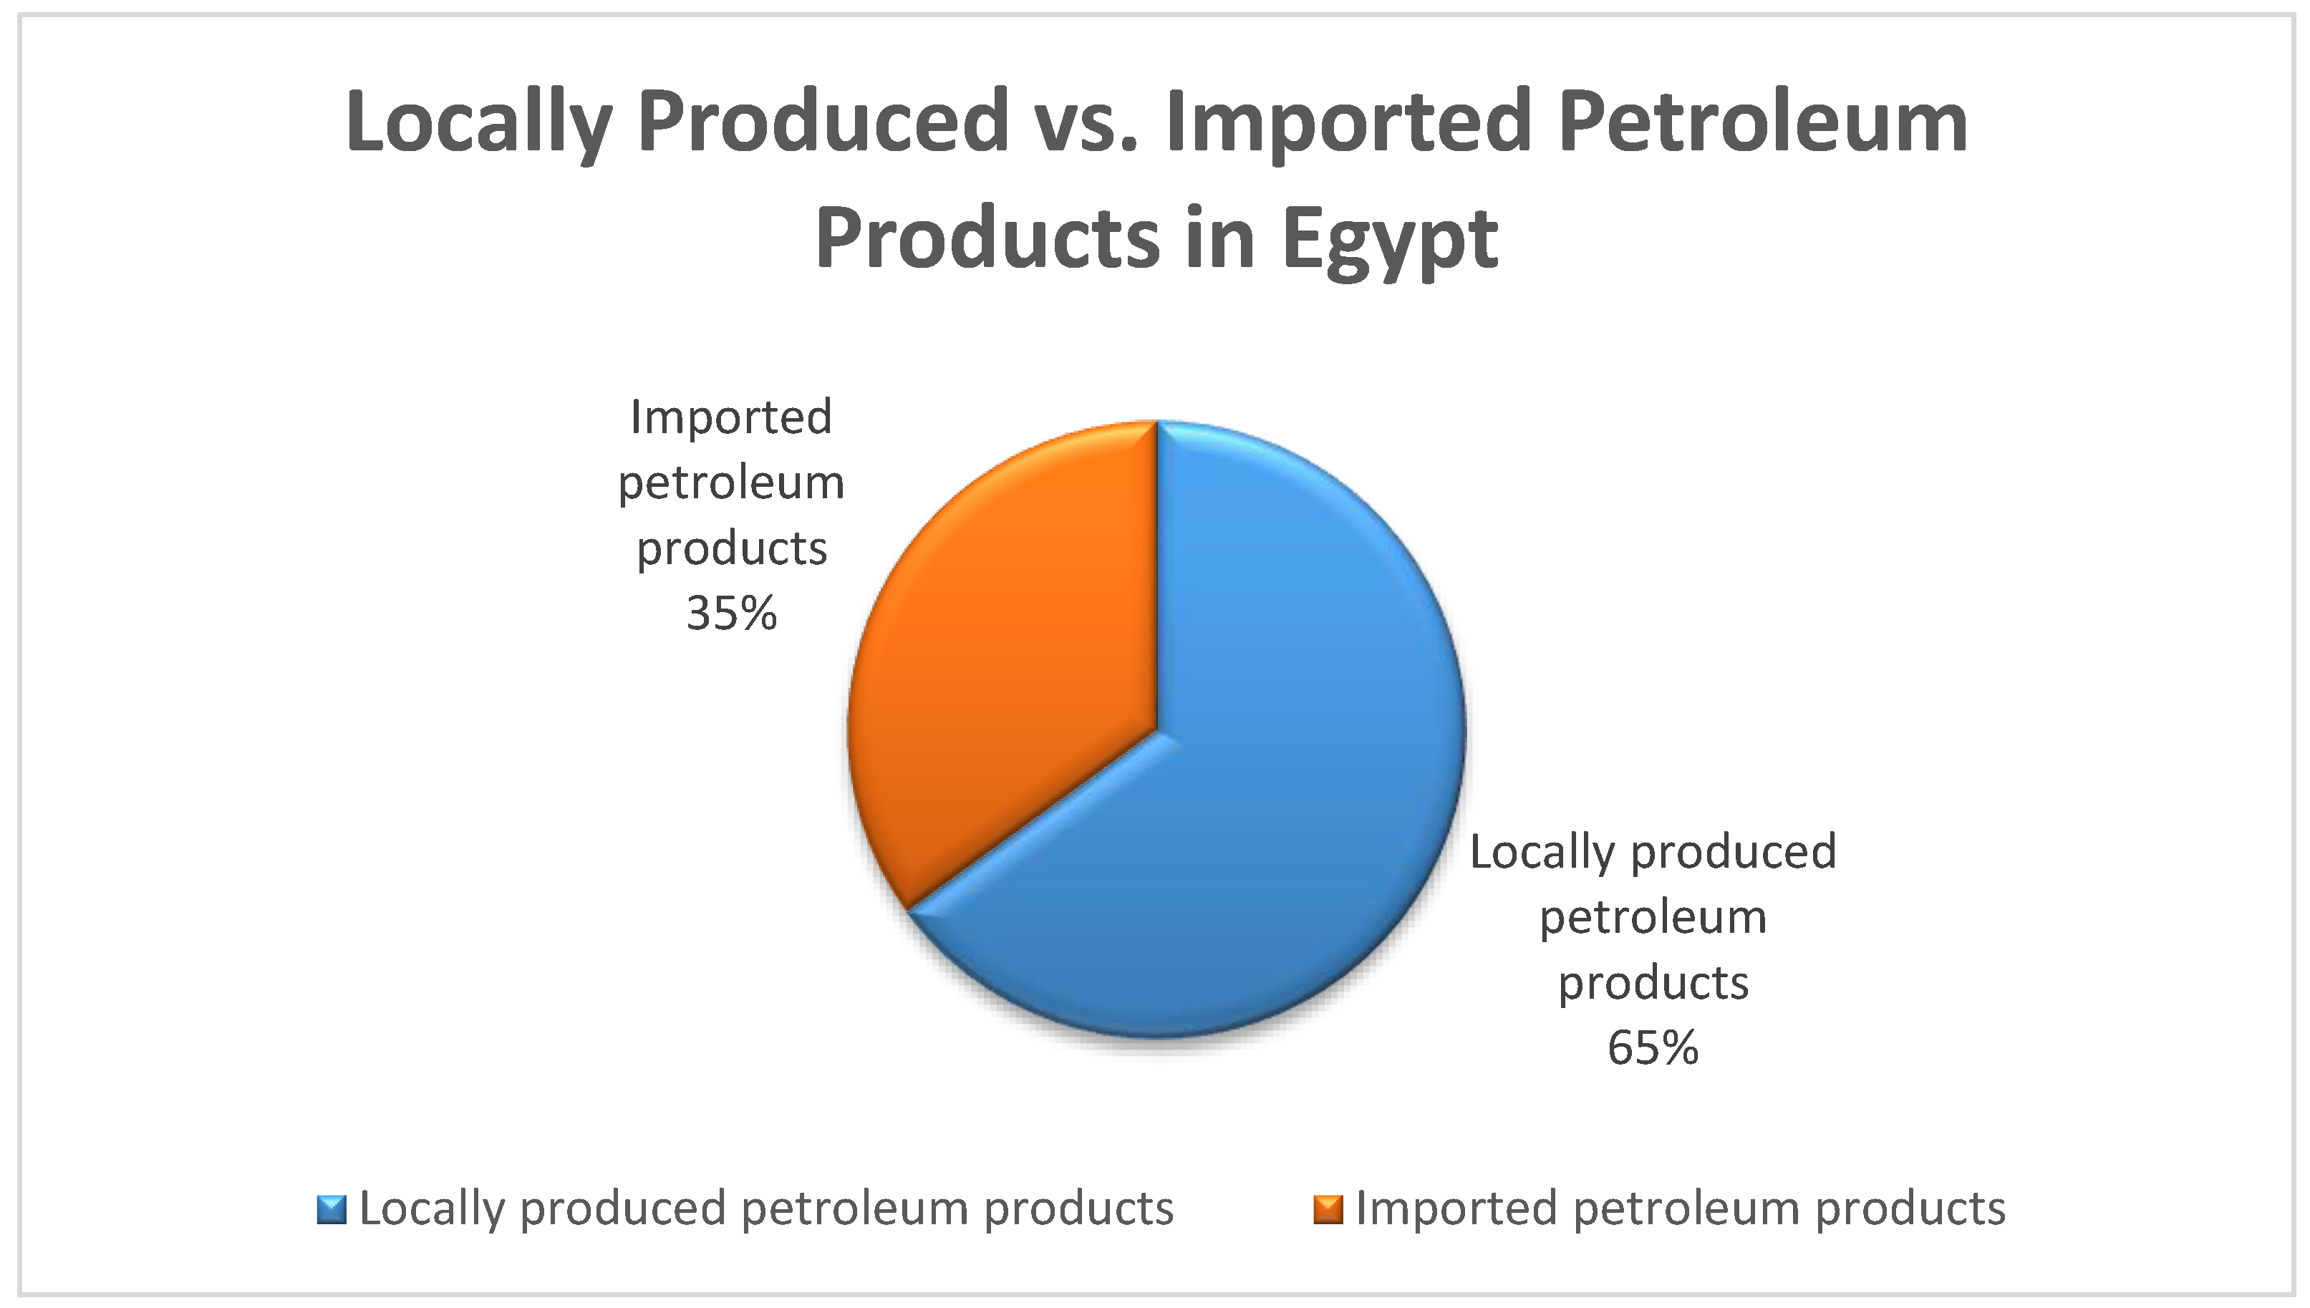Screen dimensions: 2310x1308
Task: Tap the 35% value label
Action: pyautogui.click(x=731, y=614)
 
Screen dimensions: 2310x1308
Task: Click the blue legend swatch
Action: pyautogui.click(x=332, y=1210)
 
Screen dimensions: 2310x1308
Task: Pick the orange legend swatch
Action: pyautogui.click(x=1328, y=1210)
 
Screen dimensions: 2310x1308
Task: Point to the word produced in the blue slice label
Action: pyautogui.click(x=1733, y=852)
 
